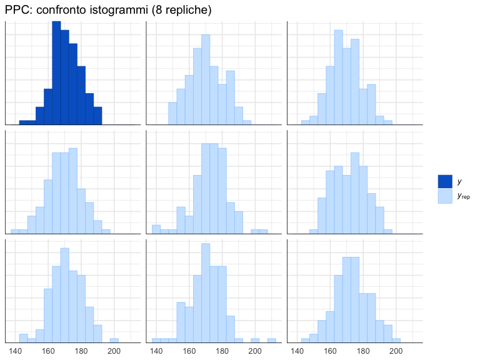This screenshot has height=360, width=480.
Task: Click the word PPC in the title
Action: pyautogui.click(x=17, y=10)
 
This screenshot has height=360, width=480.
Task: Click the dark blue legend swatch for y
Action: pyautogui.click(x=444, y=181)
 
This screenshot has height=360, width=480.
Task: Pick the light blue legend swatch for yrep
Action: pyautogui.click(x=444, y=196)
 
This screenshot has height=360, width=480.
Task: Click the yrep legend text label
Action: pyautogui.click(x=463, y=196)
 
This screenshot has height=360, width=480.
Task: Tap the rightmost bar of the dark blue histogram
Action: pyautogui.click(x=97, y=116)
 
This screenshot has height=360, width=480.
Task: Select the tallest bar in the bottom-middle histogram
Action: pyautogui.click(x=206, y=293)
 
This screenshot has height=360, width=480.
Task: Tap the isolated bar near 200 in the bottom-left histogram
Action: pyautogui.click(x=114, y=341)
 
